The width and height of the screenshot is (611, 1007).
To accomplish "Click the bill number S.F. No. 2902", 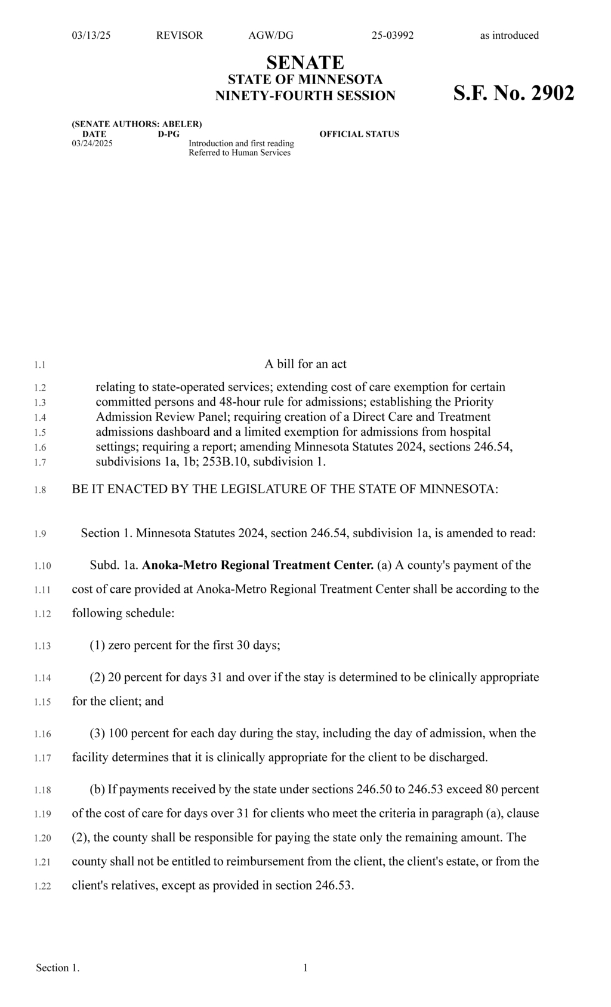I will coord(514,94).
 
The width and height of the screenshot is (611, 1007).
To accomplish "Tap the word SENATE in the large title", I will coord(305,62).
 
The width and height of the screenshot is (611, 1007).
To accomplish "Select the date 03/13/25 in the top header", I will coord(91,35).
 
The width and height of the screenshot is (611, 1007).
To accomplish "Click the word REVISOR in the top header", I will coord(179,35).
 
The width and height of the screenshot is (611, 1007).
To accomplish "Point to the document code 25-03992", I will coord(392,35).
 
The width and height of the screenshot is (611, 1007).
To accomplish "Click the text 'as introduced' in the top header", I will coord(509,35).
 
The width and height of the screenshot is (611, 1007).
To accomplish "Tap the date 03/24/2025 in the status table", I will coord(92,143).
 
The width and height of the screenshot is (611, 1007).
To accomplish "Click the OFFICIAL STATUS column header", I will coord(359,134).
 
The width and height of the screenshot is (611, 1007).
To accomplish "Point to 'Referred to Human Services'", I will coord(239,153).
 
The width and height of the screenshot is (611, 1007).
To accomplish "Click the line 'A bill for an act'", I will coord(305,364).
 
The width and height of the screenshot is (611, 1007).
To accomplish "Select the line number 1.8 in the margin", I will coord(40,490).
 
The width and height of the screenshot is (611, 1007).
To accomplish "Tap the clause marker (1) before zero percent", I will coord(97,645).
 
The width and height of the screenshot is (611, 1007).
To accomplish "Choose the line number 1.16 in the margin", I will coord(42,734).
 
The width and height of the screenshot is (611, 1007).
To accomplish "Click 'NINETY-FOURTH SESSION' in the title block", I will coord(305,96).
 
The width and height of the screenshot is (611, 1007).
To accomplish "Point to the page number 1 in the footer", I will coord(305,968).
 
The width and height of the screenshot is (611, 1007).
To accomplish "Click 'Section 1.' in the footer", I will coord(58,968).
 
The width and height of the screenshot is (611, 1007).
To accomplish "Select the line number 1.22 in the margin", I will coord(42,886).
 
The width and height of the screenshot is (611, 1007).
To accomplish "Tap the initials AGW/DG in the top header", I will coord(271,35).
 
